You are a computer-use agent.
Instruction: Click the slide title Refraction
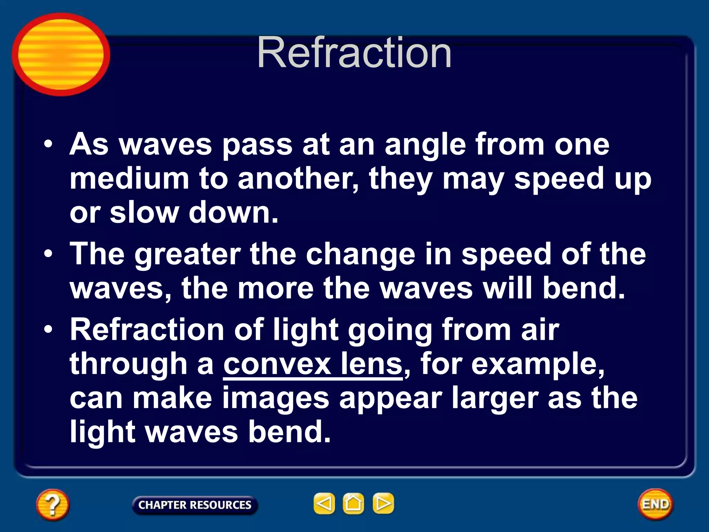[x=354, y=53]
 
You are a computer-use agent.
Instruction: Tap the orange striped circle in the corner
[x=61, y=54]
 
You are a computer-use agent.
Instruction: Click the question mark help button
[x=52, y=504]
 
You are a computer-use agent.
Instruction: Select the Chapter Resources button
[x=195, y=505]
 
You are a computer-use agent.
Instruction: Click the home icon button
[x=353, y=503]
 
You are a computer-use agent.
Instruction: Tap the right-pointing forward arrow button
[x=383, y=503]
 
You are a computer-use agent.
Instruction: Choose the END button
[x=655, y=504]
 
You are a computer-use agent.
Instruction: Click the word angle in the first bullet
[x=425, y=145]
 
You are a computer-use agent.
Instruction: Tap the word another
[x=298, y=179]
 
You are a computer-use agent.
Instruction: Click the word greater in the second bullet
[x=187, y=255]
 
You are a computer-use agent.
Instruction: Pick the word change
[x=360, y=255]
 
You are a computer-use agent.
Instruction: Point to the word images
[x=276, y=398]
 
